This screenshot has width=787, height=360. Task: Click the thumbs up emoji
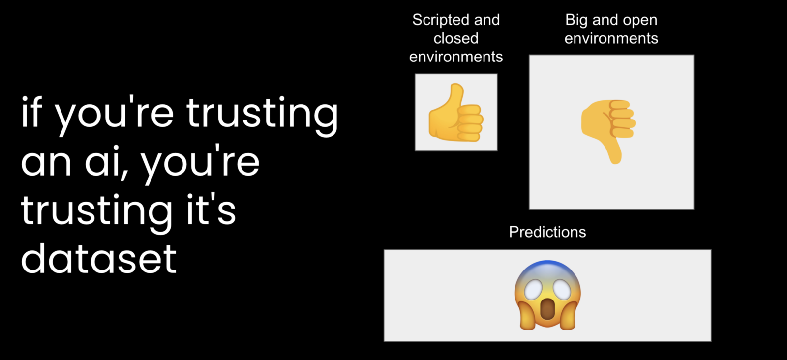pyautogui.click(x=455, y=113)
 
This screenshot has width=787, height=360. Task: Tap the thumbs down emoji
pyautogui.click(x=608, y=132)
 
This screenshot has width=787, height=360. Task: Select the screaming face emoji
pyautogui.click(x=547, y=296)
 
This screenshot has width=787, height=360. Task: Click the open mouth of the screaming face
pyautogui.click(x=547, y=309)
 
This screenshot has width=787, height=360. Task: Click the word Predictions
pyautogui.click(x=547, y=232)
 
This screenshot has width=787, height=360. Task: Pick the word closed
pyautogui.click(x=455, y=38)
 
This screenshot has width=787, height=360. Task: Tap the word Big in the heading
pyautogui.click(x=576, y=20)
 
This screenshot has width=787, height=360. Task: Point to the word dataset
pyautogui.click(x=99, y=259)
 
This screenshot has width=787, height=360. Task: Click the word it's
pyautogui.click(x=211, y=210)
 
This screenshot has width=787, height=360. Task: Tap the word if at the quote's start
pyautogui.click(x=31, y=112)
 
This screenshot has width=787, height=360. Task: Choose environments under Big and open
pyautogui.click(x=611, y=38)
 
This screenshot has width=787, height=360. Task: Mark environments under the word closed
pyautogui.click(x=455, y=57)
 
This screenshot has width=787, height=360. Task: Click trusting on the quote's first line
pyautogui.click(x=262, y=114)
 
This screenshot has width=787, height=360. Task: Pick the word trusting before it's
pyautogui.click(x=96, y=212)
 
